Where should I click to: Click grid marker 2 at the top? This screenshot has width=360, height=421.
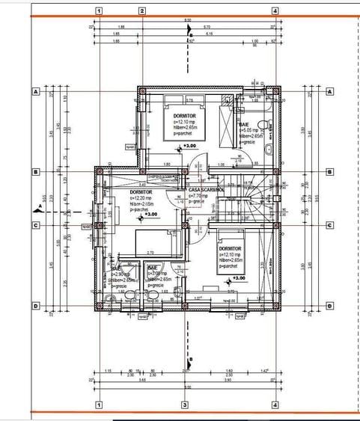point(142,12)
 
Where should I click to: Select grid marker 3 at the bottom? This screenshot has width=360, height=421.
point(184,405)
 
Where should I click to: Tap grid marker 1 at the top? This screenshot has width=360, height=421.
point(100,12)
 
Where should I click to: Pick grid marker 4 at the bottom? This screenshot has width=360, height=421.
point(275,405)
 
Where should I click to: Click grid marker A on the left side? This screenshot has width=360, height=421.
point(34,91)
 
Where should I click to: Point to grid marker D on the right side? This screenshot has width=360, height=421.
point(330,306)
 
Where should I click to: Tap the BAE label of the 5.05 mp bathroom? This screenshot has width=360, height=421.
point(244,124)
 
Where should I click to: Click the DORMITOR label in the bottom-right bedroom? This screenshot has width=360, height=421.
point(231,248)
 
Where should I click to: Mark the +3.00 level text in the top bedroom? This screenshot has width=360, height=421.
point(189,146)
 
